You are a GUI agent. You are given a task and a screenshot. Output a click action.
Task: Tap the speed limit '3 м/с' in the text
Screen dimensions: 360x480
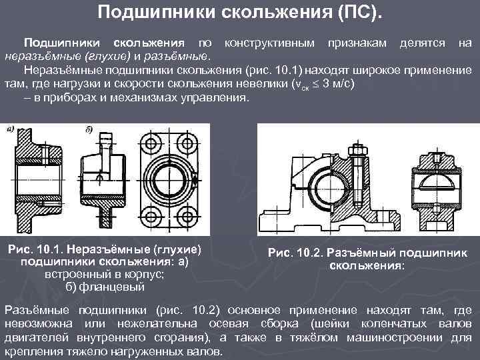point(337,83)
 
